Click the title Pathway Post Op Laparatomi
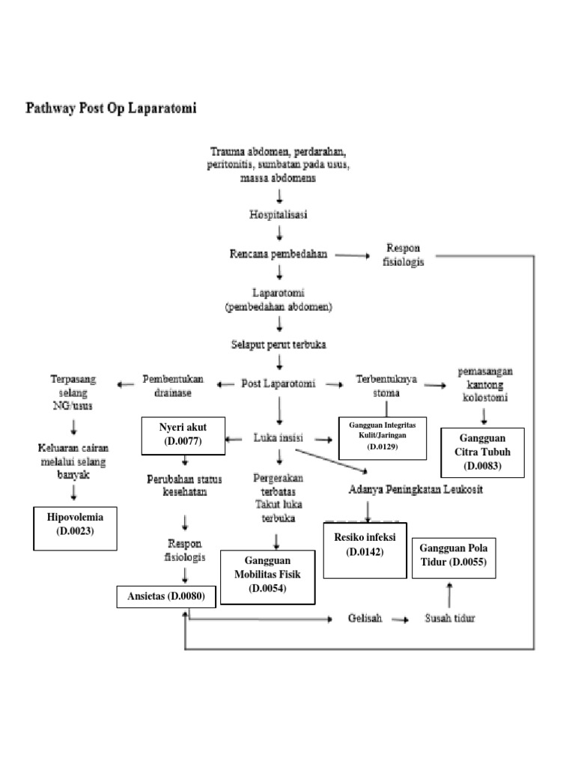coord(112,109)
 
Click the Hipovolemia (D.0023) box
coord(76,528)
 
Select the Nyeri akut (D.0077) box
coord(183,435)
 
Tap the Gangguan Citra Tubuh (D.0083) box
coord(481,452)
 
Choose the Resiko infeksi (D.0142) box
coord(365,549)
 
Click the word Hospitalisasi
coord(279,214)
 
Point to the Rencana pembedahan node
coord(279,254)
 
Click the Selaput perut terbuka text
coord(279,345)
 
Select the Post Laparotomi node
coord(279,383)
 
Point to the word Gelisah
coord(365,619)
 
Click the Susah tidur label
coord(449,619)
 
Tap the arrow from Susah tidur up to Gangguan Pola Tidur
coord(449,595)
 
